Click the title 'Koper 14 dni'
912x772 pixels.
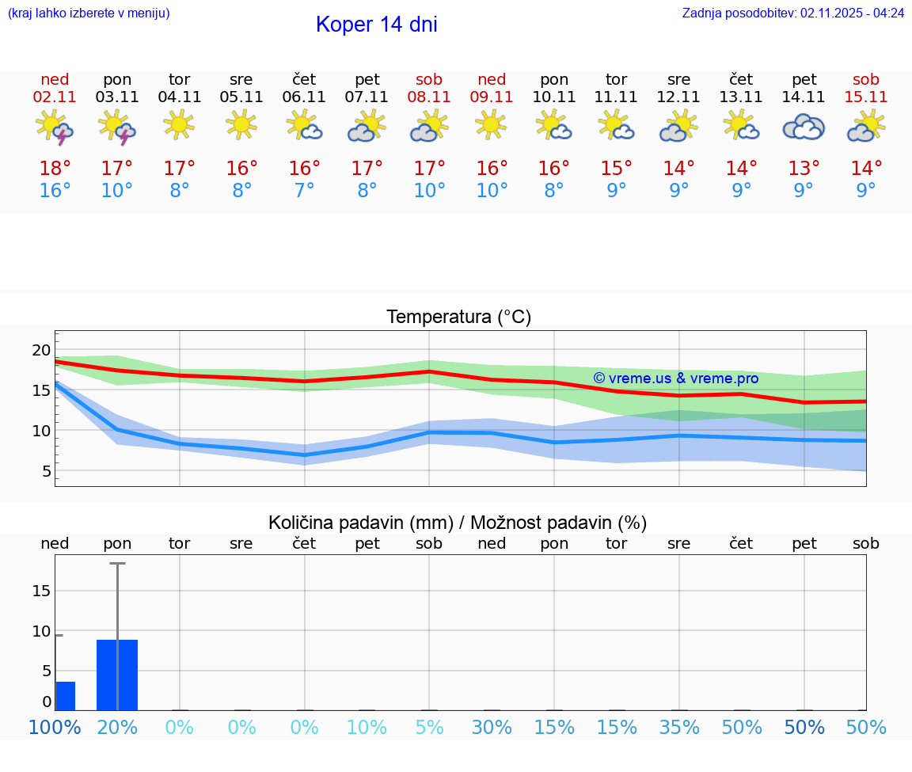(376, 25)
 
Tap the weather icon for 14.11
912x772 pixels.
(804, 127)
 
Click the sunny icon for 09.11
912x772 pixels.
(492, 125)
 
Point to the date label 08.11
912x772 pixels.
(429, 97)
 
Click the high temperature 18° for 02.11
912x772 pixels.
(55, 169)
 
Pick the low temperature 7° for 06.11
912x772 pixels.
(305, 191)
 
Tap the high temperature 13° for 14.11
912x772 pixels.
(804, 169)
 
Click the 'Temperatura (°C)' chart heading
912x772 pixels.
(458, 318)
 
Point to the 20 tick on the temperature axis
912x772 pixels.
(41, 350)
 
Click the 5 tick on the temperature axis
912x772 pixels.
(46, 471)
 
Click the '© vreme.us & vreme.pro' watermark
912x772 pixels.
(675, 378)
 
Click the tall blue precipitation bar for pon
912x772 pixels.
(117, 675)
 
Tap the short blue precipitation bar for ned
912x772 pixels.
(65, 696)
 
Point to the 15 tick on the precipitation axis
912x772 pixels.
(41, 591)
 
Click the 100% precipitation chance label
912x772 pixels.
(55, 727)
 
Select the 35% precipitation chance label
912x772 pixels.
(679, 727)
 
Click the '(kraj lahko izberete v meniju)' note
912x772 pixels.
(89, 13)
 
